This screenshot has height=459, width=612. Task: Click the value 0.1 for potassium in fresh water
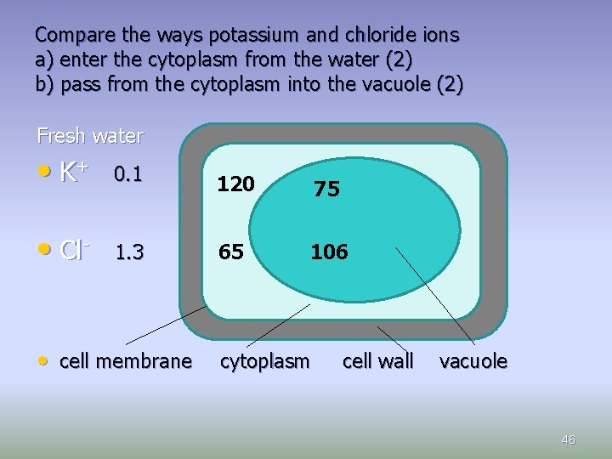127,175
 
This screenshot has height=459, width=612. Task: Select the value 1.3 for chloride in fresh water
130,252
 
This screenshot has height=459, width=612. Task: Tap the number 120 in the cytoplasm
235,184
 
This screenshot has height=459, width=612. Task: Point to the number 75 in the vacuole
326,190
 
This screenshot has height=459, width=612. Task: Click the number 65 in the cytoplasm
229,252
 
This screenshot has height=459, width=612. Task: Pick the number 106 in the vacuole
329,252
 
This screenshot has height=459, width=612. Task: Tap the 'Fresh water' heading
90,136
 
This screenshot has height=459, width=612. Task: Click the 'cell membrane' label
126,361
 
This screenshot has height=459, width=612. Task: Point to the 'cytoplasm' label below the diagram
265,361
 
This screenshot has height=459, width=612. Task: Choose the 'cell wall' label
377,361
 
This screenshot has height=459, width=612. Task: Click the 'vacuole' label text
473,361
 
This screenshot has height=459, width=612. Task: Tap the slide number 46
569,439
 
